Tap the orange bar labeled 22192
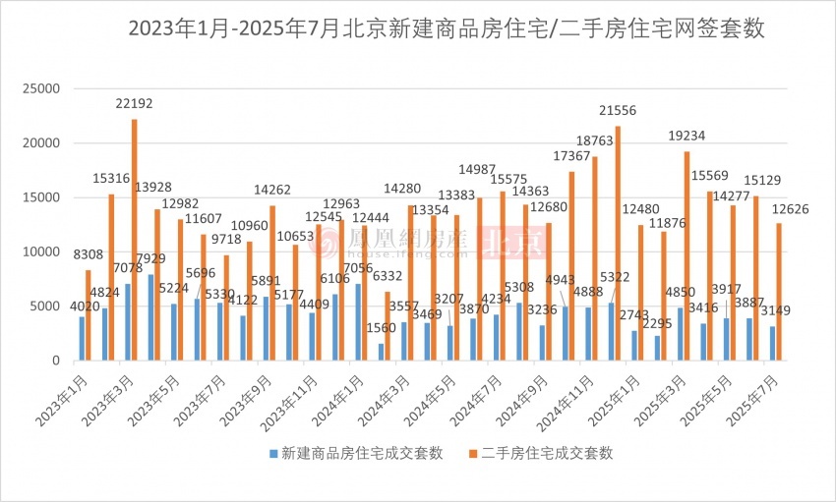tap(134, 241)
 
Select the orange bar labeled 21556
tap(618, 244)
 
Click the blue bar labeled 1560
tap(382, 352)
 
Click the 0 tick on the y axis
tap(57, 361)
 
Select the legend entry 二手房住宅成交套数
tap(541, 453)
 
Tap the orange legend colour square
tap(473, 454)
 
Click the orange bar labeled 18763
tap(595, 258)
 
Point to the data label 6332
tap(401, 278)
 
